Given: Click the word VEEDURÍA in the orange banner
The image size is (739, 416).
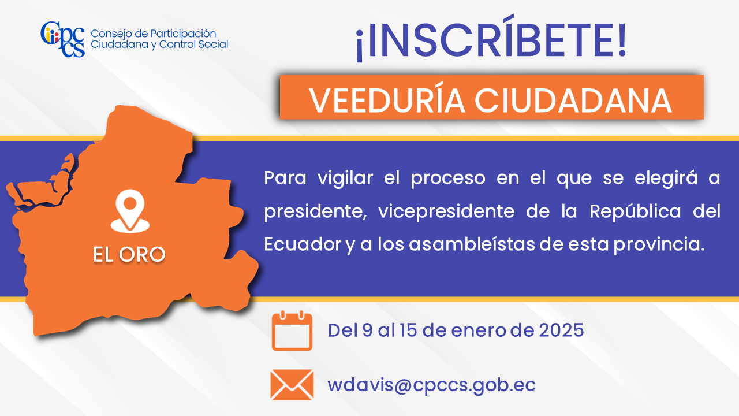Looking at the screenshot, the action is [x=387, y=100].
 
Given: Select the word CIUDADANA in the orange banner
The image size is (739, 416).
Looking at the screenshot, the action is [x=573, y=101].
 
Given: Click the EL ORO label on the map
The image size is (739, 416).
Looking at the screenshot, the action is [x=129, y=255].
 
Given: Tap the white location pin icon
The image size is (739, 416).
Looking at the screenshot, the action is [x=130, y=211].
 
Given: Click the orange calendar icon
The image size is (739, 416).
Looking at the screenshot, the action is [x=292, y=330].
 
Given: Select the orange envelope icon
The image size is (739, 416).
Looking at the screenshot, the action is [x=292, y=385].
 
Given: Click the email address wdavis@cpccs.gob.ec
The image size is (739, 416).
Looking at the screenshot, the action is [x=431, y=385].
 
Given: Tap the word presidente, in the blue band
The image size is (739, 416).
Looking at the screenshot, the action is [x=315, y=212].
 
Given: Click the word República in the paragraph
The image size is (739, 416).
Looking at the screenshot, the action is [x=635, y=211].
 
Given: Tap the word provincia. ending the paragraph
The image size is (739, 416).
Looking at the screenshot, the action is [x=659, y=245].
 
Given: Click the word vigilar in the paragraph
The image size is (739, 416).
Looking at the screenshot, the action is [x=345, y=179].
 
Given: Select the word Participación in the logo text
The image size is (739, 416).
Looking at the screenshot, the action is [x=183, y=34].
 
